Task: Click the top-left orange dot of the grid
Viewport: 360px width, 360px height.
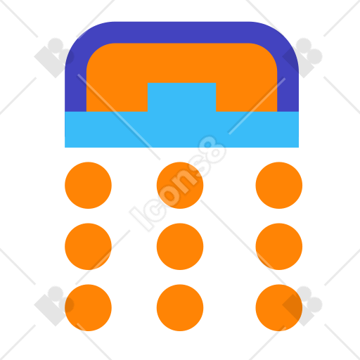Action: pos(88,185)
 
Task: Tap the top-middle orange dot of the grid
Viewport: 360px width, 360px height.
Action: pos(180,185)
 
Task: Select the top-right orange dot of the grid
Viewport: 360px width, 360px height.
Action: pos(279,185)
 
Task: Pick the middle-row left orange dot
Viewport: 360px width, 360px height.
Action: pos(88,247)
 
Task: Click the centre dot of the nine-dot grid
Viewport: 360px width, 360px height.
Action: pos(180,247)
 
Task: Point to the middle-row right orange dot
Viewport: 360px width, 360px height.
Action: pos(279,247)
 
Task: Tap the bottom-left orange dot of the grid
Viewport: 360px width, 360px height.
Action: pos(88,308)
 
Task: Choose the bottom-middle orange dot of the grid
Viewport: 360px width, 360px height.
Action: pos(180,308)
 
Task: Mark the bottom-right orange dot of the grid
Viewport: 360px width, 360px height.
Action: pos(279,308)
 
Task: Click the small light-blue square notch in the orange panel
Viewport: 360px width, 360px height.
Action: pos(181,97)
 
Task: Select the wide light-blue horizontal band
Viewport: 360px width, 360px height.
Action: pos(181,129)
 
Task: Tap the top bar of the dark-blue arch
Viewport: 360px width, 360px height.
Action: pos(181,32)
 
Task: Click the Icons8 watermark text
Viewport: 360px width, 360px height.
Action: pos(178,184)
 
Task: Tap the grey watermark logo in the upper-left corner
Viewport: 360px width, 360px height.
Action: pos(54,58)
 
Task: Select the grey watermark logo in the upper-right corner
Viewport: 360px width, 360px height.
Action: pos(302,58)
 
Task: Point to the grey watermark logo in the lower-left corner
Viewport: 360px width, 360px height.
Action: pos(54,306)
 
